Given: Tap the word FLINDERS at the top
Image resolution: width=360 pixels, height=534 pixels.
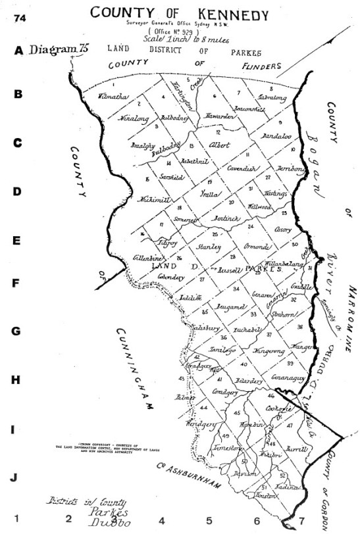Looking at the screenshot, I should [255, 66].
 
